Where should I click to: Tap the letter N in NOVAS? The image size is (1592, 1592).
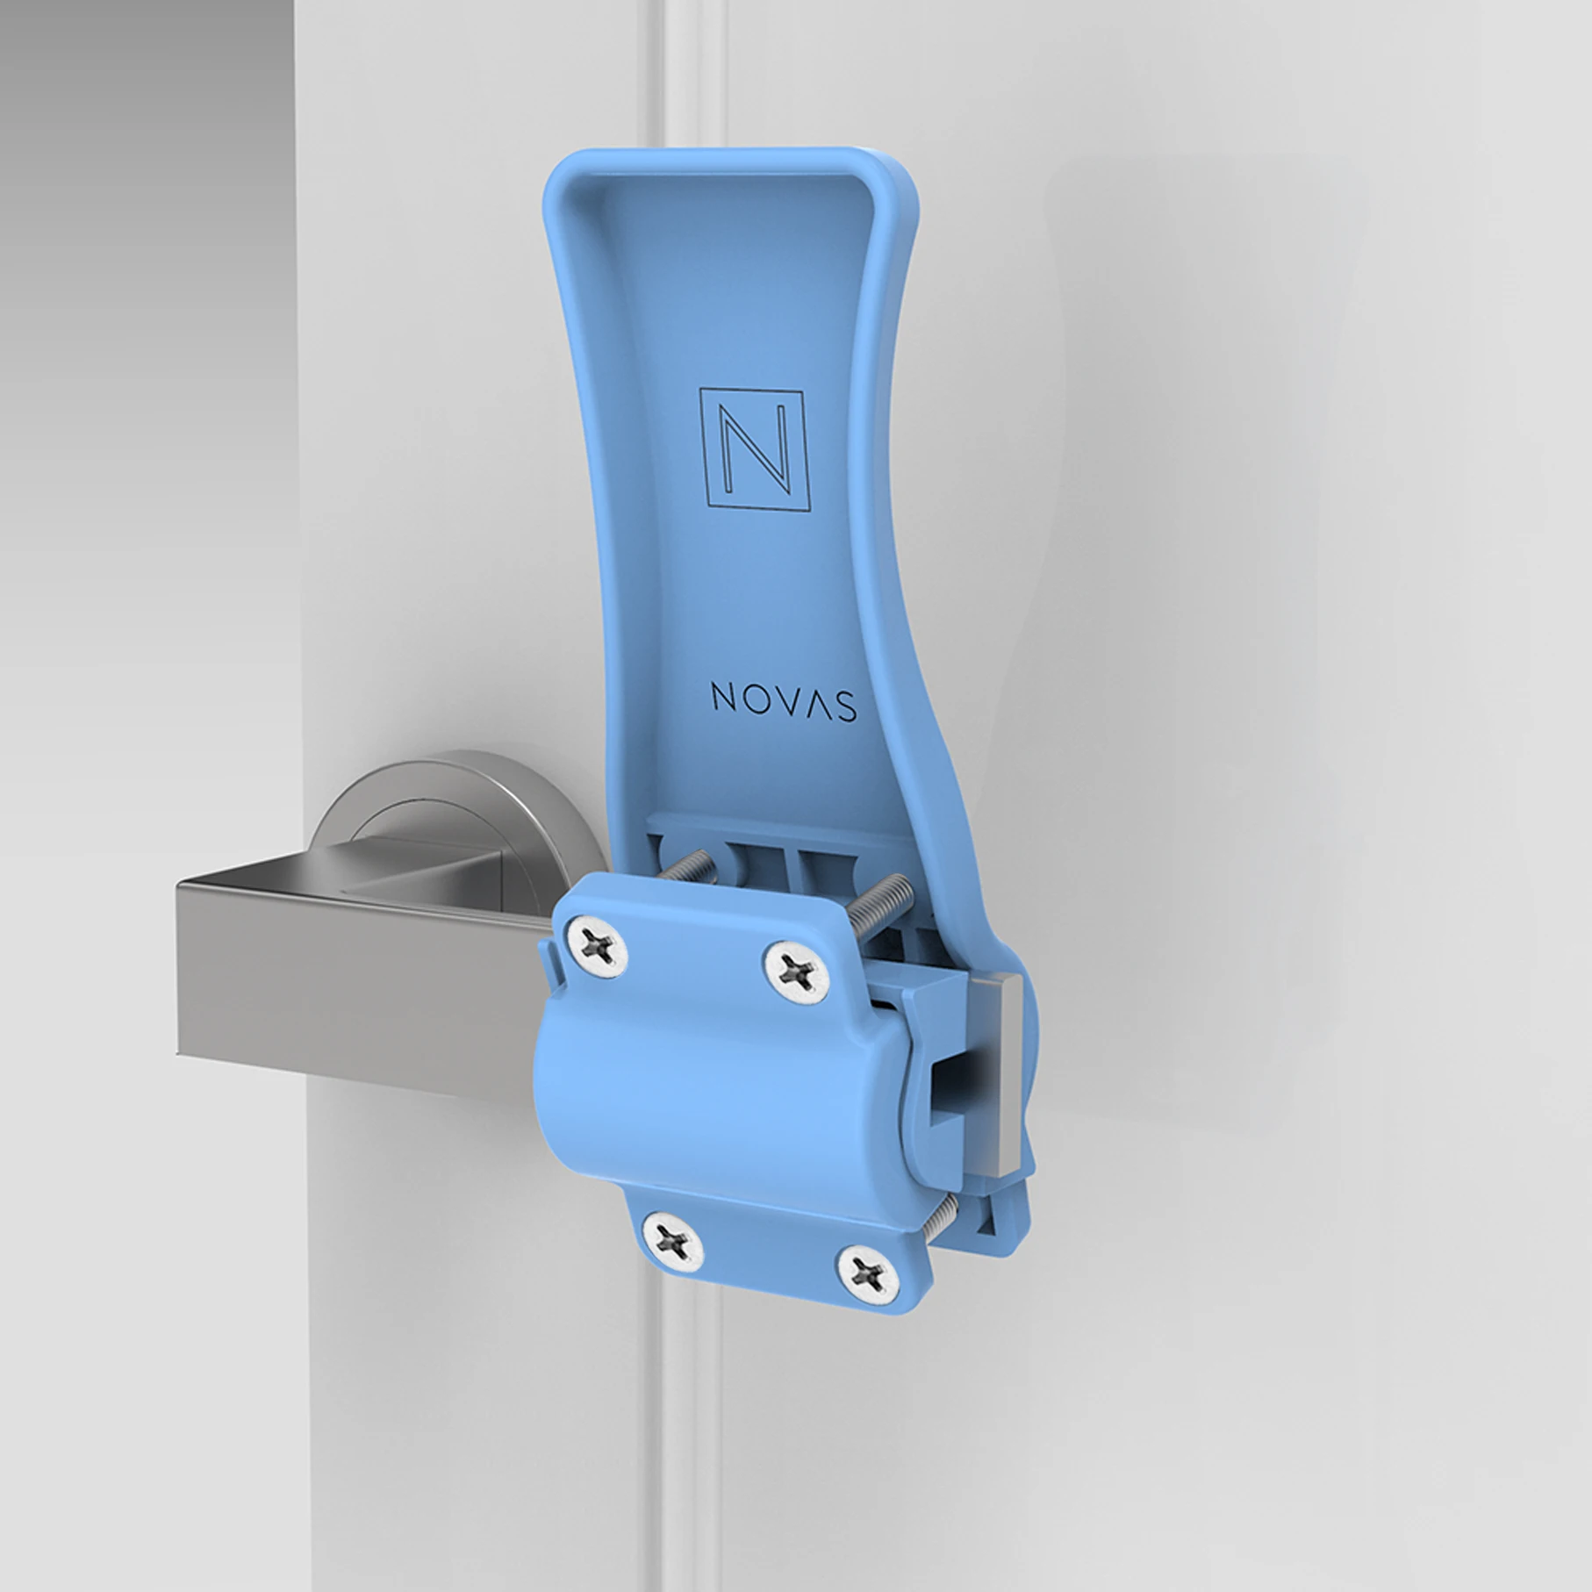pyautogui.click(x=722, y=700)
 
